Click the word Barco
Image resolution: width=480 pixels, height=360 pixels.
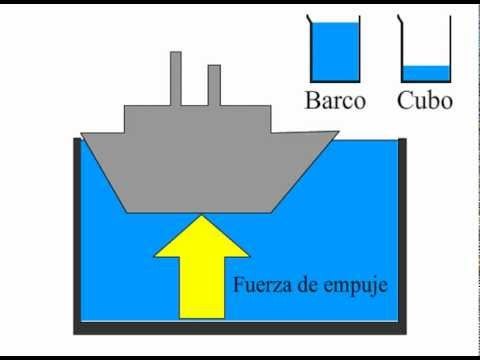pyautogui.click(x=335, y=101)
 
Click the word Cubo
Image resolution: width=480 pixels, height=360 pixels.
pyautogui.click(x=424, y=101)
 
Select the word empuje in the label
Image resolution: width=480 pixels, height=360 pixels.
pyautogui.click(x=355, y=285)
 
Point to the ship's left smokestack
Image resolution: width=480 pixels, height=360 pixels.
pyautogui.click(x=177, y=76)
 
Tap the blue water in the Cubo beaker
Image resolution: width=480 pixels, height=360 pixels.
pyautogui.click(x=423, y=73)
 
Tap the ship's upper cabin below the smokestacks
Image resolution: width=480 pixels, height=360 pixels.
pyautogui.click(x=195, y=115)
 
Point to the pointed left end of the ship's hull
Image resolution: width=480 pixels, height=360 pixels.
pyautogui.click(x=82, y=133)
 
